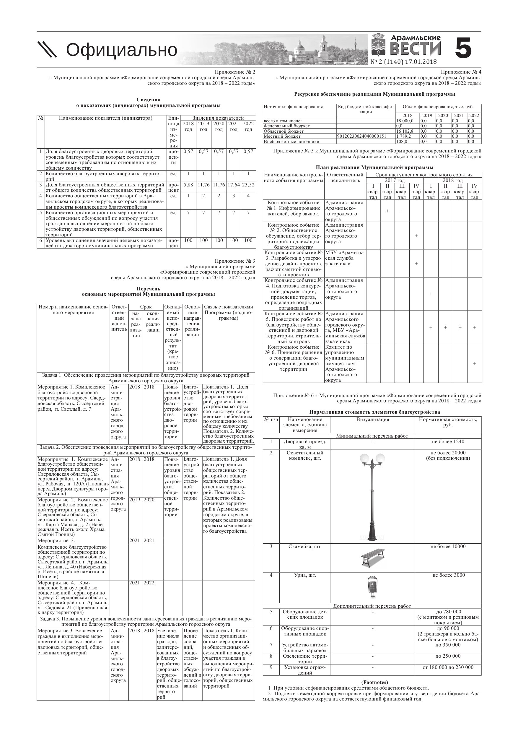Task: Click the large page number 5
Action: (x=463, y=48)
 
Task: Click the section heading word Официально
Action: (x=121, y=50)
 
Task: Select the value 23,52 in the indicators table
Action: (x=248, y=185)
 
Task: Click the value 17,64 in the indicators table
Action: (x=234, y=185)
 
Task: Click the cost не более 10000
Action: (x=448, y=547)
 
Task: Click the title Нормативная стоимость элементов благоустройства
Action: (x=374, y=412)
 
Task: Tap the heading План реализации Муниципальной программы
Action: (x=374, y=167)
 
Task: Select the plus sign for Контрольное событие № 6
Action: (x=474, y=363)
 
